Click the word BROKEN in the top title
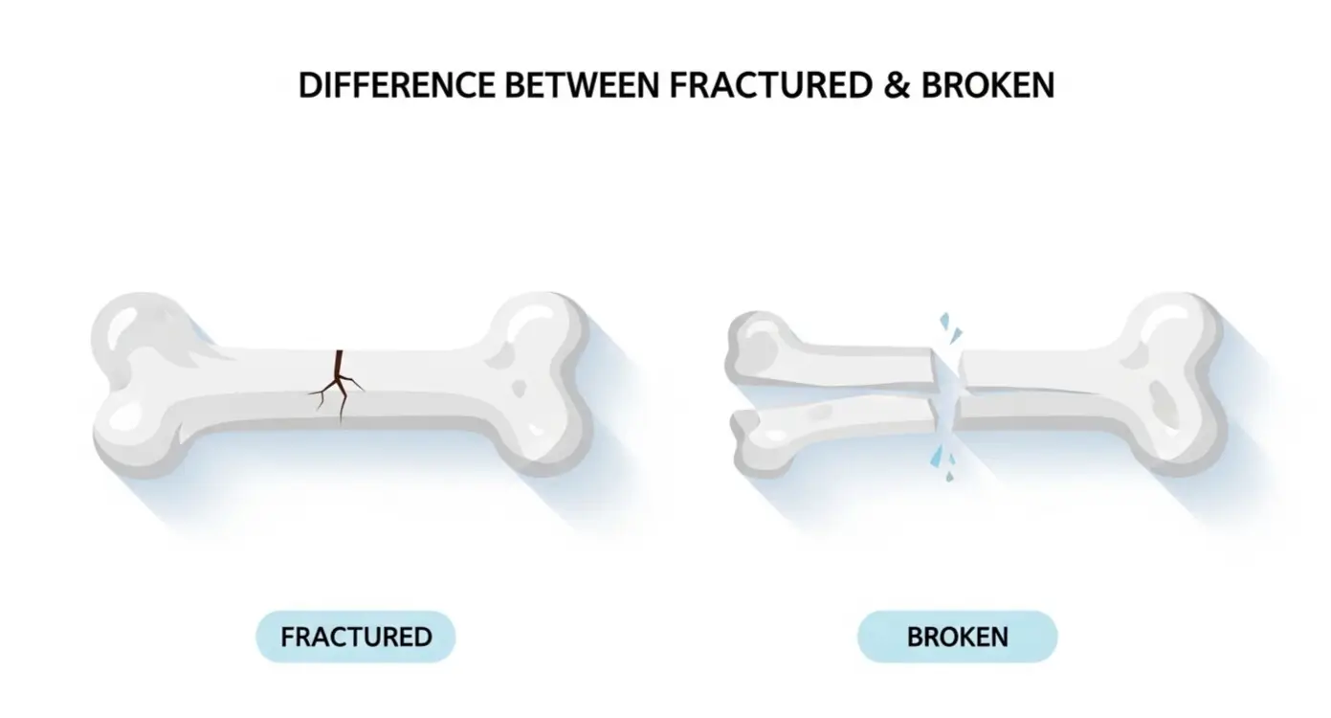tap(987, 85)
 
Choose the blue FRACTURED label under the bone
tap(356, 637)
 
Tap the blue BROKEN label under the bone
tap(957, 637)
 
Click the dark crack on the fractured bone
tap(337, 383)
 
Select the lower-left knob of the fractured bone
tap(134, 431)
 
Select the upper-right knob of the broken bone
tap(1172, 330)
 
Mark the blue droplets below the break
tap(942, 460)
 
